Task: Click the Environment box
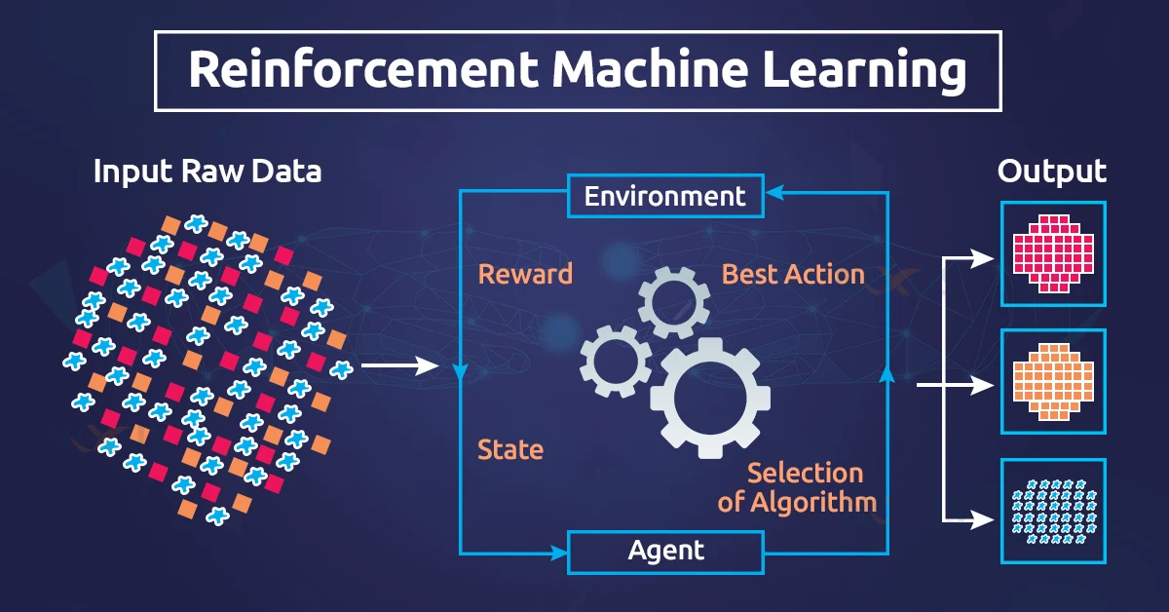click(665, 197)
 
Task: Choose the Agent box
click(665, 552)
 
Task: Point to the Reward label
click(525, 274)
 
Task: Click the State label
click(509, 450)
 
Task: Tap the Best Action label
click(793, 274)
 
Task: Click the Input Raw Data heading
click(207, 172)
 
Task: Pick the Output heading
click(1052, 172)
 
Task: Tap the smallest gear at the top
click(674, 303)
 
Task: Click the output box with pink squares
click(1054, 254)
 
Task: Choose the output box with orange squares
click(1054, 381)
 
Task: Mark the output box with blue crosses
click(1054, 511)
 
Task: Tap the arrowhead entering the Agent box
click(559, 553)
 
